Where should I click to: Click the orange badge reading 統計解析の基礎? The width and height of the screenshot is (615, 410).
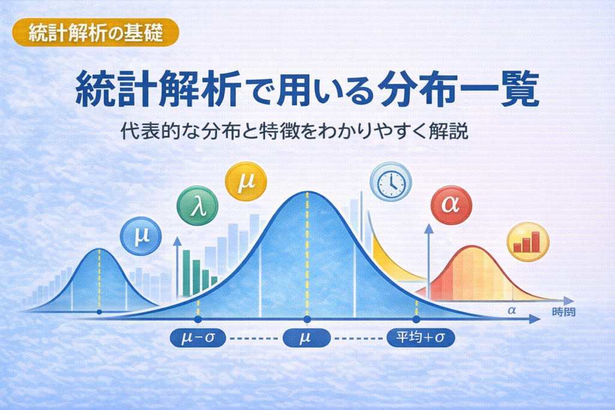pyautogui.click(x=95, y=32)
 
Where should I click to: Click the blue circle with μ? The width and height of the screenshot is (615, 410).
pyautogui.click(x=141, y=236)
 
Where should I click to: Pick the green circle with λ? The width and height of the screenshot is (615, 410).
pyautogui.click(x=197, y=206)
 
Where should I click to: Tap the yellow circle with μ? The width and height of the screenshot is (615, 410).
pyautogui.click(x=246, y=181)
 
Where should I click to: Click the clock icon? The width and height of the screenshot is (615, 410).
pyautogui.click(x=390, y=182)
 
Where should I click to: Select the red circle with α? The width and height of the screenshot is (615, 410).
pyautogui.click(x=451, y=205)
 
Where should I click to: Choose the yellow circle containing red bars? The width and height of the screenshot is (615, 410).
pyautogui.click(x=528, y=242)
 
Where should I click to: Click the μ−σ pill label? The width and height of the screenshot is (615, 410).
pyautogui.click(x=198, y=337)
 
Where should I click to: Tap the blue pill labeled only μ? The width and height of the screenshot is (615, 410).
pyautogui.click(x=306, y=337)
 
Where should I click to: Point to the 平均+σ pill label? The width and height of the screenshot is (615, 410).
pyautogui.click(x=421, y=337)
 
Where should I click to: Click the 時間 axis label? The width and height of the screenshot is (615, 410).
pyautogui.click(x=563, y=312)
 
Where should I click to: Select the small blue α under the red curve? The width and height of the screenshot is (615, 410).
pyautogui.click(x=512, y=310)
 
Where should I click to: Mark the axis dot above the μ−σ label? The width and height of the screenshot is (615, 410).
pyautogui.click(x=198, y=319)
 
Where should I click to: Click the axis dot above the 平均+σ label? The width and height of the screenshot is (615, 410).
pyautogui.click(x=416, y=319)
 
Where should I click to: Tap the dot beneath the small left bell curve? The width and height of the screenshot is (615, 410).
pyautogui.click(x=99, y=312)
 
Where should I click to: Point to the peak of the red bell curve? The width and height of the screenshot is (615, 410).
pyautogui.click(x=472, y=246)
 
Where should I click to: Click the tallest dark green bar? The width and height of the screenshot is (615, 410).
pyautogui.click(x=186, y=273)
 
